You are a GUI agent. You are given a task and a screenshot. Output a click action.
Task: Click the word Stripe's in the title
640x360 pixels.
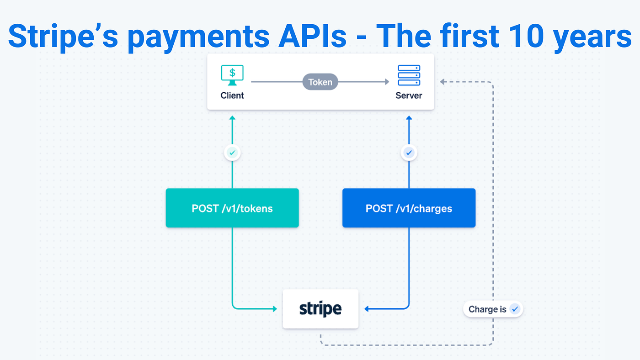tap(63, 37)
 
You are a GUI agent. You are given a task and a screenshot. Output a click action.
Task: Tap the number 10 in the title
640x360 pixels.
tap(526, 35)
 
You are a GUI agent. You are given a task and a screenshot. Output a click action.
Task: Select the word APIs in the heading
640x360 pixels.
tap(312, 35)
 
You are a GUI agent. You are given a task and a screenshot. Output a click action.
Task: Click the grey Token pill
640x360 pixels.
tap(320, 82)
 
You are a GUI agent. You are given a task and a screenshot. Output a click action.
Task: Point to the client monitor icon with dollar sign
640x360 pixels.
tap(232, 75)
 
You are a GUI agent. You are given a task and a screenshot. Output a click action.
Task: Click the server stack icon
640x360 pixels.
tap(409, 75)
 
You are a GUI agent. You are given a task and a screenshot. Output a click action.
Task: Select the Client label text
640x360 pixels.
tap(232, 95)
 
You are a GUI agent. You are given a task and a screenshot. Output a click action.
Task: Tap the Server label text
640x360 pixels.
tap(409, 95)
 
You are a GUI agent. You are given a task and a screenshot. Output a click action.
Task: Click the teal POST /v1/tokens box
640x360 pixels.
tap(232, 208)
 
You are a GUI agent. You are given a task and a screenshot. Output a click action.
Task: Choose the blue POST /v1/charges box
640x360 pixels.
tap(409, 208)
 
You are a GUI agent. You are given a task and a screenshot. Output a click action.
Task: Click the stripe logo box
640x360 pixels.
tap(320, 309)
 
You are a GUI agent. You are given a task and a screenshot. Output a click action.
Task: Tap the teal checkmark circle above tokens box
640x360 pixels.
tap(232, 153)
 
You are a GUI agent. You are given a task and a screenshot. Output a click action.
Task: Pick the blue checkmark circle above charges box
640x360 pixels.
tap(409, 153)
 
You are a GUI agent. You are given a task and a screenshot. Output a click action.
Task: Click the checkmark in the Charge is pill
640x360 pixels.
tap(515, 309)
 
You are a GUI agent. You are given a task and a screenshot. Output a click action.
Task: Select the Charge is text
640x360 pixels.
tap(487, 309)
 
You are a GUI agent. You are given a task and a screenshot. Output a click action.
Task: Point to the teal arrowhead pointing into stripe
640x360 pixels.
tap(275, 309)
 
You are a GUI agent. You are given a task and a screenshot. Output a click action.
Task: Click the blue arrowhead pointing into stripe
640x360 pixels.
tap(367, 309)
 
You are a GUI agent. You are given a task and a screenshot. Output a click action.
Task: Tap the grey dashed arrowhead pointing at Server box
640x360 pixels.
tap(443, 82)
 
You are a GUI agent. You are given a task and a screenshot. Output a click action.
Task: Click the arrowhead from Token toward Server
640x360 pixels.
tap(387, 82)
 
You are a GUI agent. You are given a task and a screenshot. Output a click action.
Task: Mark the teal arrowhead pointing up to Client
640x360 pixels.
tap(232, 118)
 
